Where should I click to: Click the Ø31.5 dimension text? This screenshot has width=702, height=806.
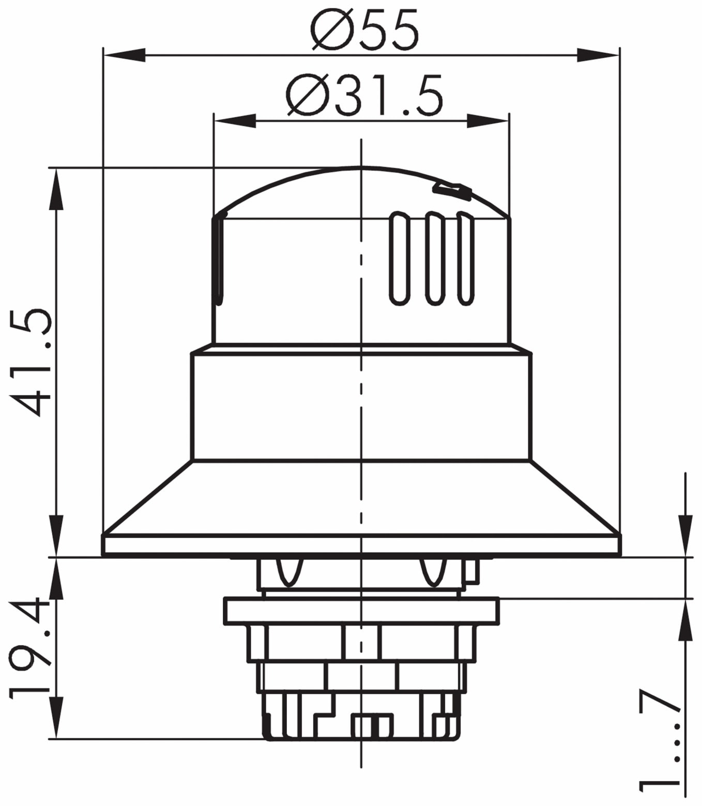[x=364, y=96]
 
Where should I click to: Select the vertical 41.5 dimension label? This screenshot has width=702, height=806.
[x=30, y=362]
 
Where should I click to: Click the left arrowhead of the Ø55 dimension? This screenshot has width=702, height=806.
[x=124, y=55]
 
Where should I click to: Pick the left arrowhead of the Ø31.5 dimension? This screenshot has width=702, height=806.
[x=235, y=121]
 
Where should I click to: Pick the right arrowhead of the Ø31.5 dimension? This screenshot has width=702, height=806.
[x=488, y=121]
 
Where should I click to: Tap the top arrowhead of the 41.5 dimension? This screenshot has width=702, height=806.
[x=56, y=190]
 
